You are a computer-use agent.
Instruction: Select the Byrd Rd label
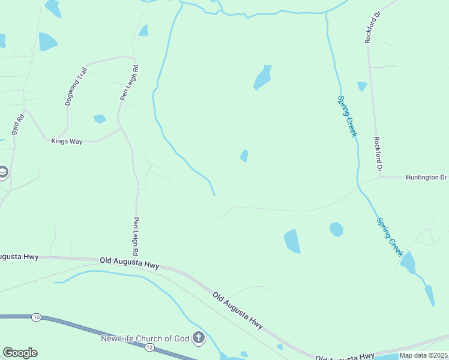point(18,124)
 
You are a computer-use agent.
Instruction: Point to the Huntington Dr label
point(426,178)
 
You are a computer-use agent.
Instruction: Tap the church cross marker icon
point(199,339)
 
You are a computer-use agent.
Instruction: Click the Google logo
point(20,353)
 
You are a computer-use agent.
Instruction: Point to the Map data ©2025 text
point(423,355)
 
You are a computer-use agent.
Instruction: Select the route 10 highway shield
point(37,317)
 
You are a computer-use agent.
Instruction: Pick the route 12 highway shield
point(149,348)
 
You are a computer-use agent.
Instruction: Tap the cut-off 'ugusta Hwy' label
point(19,257)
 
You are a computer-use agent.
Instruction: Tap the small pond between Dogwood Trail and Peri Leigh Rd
point(100,119)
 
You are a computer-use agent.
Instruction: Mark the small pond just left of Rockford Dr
point(362,86)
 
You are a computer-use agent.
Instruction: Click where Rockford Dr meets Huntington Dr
point(380,178)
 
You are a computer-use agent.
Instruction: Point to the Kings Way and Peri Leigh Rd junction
point(120,128)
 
